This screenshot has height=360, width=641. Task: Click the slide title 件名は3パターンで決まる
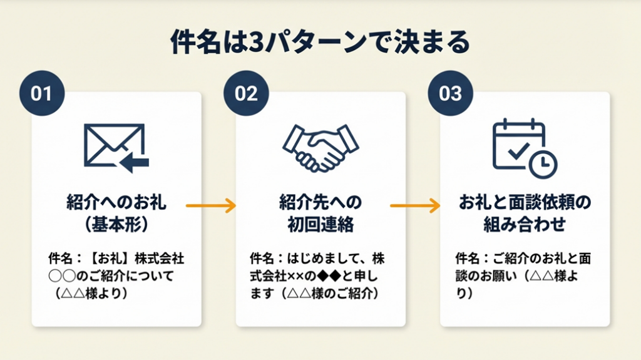pos(320,43)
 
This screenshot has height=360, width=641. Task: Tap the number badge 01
pos(41,93)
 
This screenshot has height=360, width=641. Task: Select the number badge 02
pos(246,93)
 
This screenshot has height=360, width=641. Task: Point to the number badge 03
pos(450,93)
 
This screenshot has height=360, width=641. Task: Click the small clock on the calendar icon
pos(543,163)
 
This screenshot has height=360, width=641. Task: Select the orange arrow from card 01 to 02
pos(211,205)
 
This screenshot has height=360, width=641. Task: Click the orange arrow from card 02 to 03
pos(415,205)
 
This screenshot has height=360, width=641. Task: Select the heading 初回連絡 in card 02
pos(320,223)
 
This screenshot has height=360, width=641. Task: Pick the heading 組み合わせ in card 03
pos(524,223)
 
